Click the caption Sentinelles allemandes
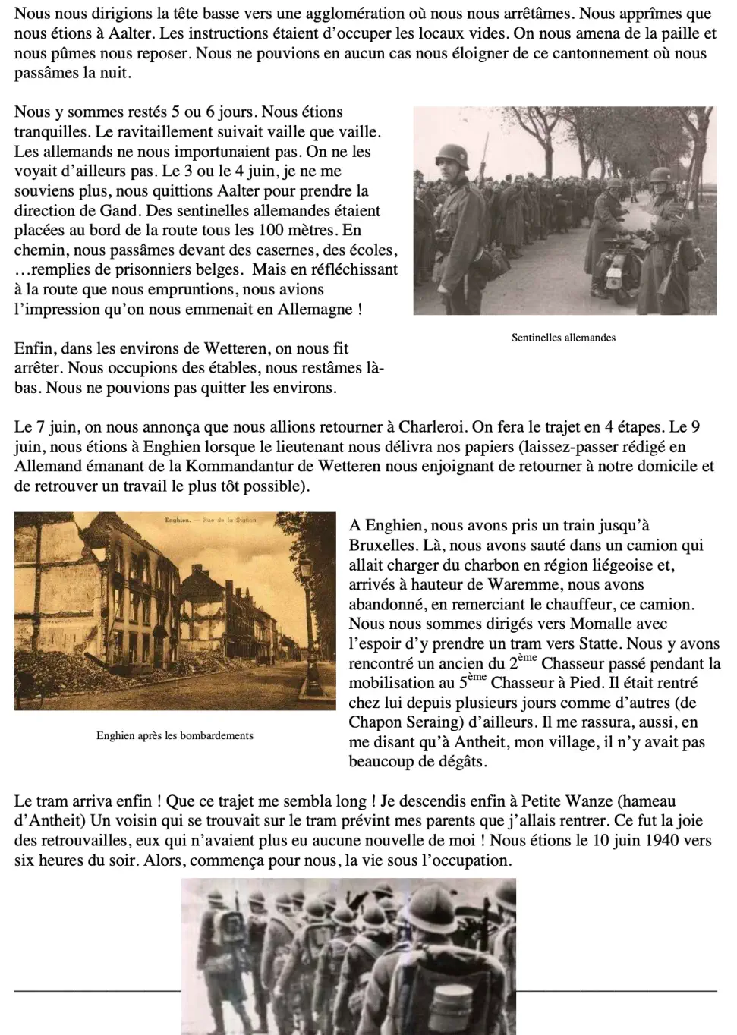tap(563, 338)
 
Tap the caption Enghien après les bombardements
tap(175, 735)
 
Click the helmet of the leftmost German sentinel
tap(446, 149)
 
